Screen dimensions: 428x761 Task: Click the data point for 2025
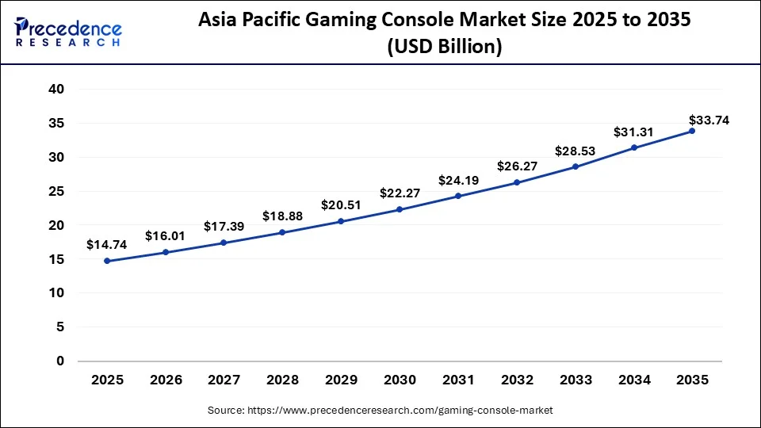[x=107, y=261]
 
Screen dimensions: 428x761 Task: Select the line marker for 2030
[x=400, y=209]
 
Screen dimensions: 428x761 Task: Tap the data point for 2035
[x=692, y=131]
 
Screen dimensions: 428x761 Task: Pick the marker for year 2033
[x=575, y=166]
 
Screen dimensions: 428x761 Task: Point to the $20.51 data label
[x=341, y=205]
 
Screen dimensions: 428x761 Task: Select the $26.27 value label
[x=517, y=166]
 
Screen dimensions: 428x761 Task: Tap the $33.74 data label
[x=709, y=120]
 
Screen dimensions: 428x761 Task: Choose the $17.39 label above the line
[x=224, y=226]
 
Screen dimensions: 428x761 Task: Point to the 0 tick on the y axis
[x=59, y=361]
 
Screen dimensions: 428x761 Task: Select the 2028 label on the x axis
[x=282, y=380]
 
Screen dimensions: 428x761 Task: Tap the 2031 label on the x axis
[x=458, y=380]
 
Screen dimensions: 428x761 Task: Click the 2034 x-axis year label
[x=633, y=380]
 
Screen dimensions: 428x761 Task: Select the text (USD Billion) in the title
[x=444, y=48]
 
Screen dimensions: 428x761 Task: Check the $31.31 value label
[x=633, y=132]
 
